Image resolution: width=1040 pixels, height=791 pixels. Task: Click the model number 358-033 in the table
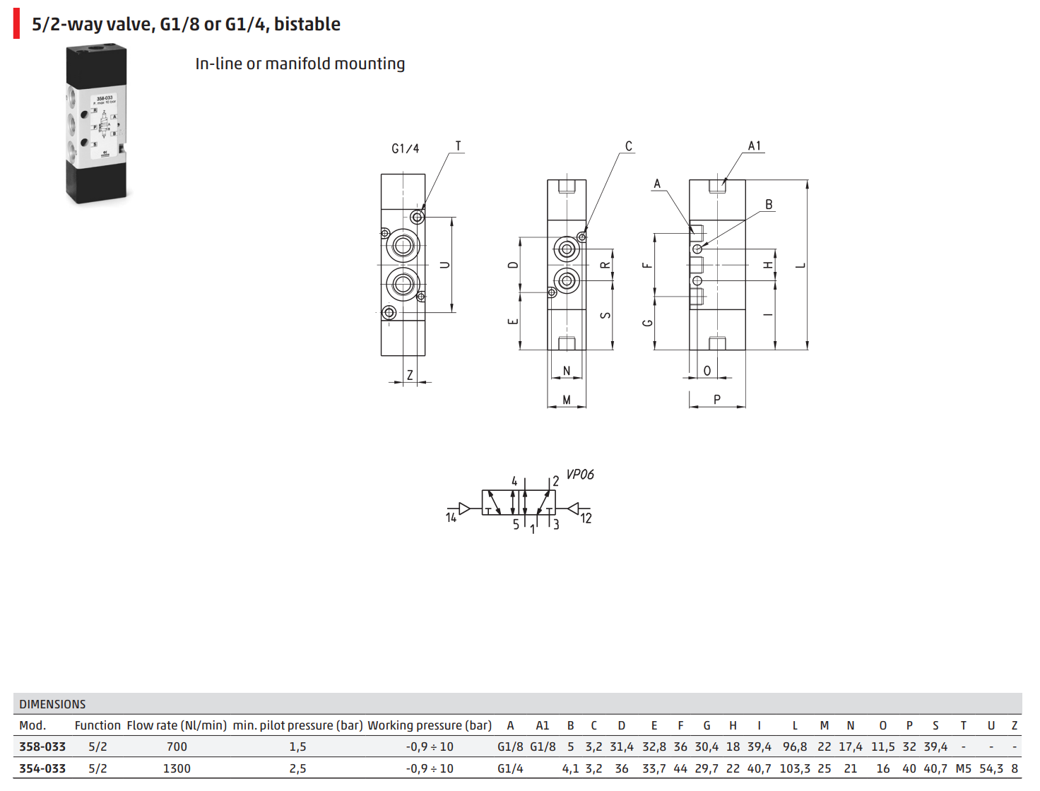coord(42,747)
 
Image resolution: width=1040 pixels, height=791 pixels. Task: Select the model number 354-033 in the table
coord(42,768)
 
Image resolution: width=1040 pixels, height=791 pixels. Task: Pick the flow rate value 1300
coord(177,768)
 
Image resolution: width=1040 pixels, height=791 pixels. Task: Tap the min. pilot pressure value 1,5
coord(297,747)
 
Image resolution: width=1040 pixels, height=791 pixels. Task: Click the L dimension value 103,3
coord(795,768)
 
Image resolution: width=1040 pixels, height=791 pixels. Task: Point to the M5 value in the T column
coord(963,768)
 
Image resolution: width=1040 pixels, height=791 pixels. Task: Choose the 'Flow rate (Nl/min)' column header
coord(177,725)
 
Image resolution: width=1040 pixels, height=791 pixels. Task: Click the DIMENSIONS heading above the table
coord(52,704)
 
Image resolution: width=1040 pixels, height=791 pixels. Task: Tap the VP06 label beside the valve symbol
coord(580,475)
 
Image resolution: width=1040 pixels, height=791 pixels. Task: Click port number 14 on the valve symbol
coord(451,518)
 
